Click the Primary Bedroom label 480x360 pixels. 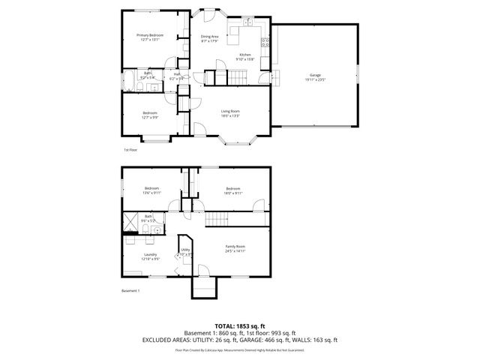pyautogui.click(x=150, y=35)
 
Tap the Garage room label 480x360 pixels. pyautogui.click(x=315, y=76)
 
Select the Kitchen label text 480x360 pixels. pyautogui.click(x=244, y=55)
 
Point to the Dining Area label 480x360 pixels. pyautogui.click(x=209, y=36)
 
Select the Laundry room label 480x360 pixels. pyautogui.click(x=150, y=255)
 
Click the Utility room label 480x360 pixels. pyautogui.click(x=185, y=250)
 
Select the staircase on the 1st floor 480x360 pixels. pyautogui.click(x=238, y=76)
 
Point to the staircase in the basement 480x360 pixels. pyautogui.click(x=218, y=219)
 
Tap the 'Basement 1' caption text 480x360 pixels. pyautogui.click(x=130, y=291)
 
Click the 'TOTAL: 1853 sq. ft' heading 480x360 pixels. pyautogui.click(x=239, y=325)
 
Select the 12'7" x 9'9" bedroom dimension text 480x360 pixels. pyautogui.click(x=150, y=117)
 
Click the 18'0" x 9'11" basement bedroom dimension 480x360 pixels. pyautogui.click(x=232, y=193)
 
